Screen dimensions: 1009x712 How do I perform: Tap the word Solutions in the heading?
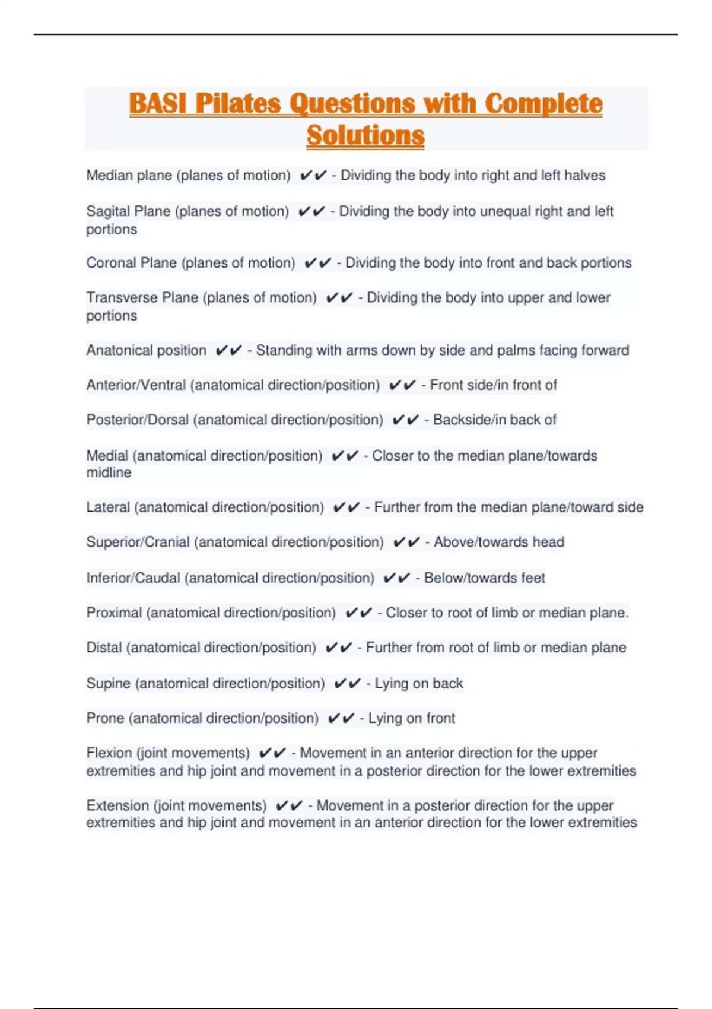coord(365,135)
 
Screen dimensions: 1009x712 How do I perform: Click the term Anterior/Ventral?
coord(136,385)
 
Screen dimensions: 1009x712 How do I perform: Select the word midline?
coord(109,472)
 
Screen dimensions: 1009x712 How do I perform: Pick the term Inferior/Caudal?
coord(133,578)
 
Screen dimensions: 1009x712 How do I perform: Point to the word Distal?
coord(104,648)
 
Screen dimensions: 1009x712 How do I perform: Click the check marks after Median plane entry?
coord(313,176)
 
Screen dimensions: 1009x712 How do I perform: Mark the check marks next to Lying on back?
coord(347,684)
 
